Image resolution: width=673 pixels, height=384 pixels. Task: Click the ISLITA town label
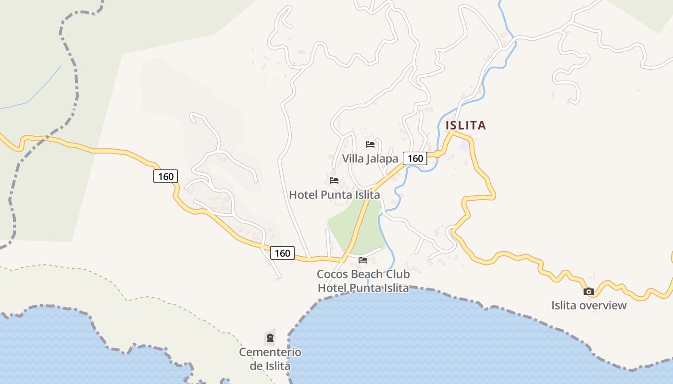pyautogui.click(x=465, y=125)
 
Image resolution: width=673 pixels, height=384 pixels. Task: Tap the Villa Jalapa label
pyautogui.click(x=370, y=159)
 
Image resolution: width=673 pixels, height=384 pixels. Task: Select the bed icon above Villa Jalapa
pyautogui.click(x=370, y=144)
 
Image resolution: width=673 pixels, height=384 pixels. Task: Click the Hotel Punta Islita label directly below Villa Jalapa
pyautogui.click(x=334, y=195)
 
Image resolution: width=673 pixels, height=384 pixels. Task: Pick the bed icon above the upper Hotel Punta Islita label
pyautogui.click(x=334, y=180)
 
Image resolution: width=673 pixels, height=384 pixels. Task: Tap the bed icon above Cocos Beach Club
pyautogui.click(x=363, y=260)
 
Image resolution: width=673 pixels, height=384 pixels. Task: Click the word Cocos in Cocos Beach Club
pyautogui.click(x=332, y=274)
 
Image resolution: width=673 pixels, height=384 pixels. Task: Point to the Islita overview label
pyautogui.click(x=589, y=305)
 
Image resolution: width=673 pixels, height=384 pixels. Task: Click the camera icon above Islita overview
pyautogui.click(x=589, y=291)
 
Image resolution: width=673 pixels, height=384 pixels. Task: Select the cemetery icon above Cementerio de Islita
pyautogui.click(x=270, y=338)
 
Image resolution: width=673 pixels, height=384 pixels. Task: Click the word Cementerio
pyautogui.click(x=270, y=352)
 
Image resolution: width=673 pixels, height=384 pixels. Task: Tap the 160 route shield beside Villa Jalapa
pyautogui.click(x=415, y=158)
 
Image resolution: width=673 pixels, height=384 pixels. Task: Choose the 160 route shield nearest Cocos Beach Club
pyautogui.click(x=282, y=253)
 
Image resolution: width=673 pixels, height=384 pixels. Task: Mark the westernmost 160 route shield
pyautogui.click(x=165, y=176)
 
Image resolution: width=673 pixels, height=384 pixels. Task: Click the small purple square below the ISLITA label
pyautogui.click(x=463, y=145)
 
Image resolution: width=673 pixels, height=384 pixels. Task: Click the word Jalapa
pyautogui.click(x=382, y=159)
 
